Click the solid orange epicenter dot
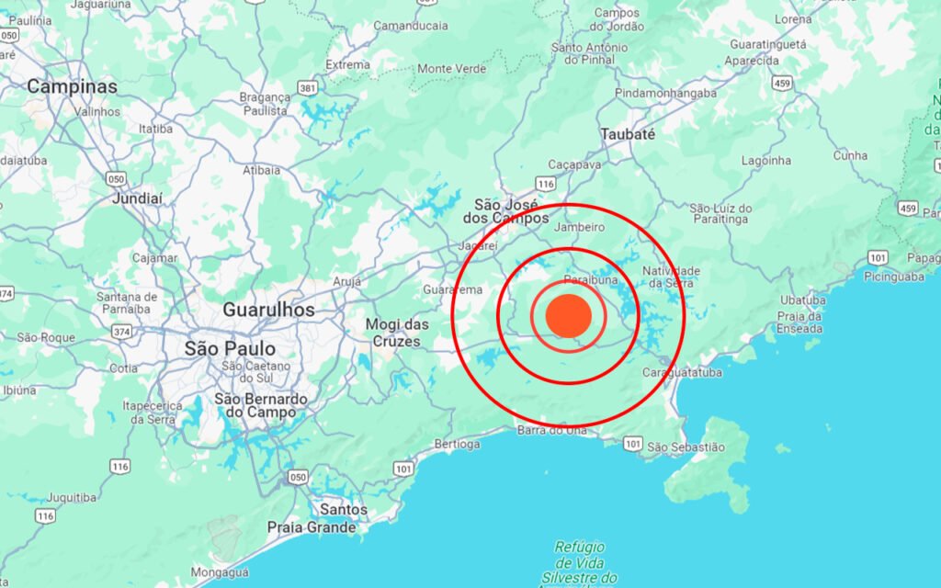pyautogui.click(x=568, y=315)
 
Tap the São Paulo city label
pyautogui.click(x=230, y=349)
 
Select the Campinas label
pyautogui.click(x=73, y=86)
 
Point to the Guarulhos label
pyautogui.click(x=268, y=311)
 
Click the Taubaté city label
pyautogui.click(x=628, y=134)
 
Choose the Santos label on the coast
pyautogui.click(x=344, y=509)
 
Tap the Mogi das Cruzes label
pyautogui.click(x=398, y=333)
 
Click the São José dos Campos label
pyautogui.click(x=512, y=210)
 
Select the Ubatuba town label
pyautogui.click(x=802, y=300)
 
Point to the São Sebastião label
pyautogui.click(x=686, y=447)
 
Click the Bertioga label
pyautogui.click(x=457, y=444)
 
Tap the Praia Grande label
pyautogui.click(x=311, y=527)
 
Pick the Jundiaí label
pyautogui.click(x=137, y=198)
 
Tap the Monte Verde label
pyautogui.click(x=451, y=69)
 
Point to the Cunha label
pyautogui.click(x=850, y=155)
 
